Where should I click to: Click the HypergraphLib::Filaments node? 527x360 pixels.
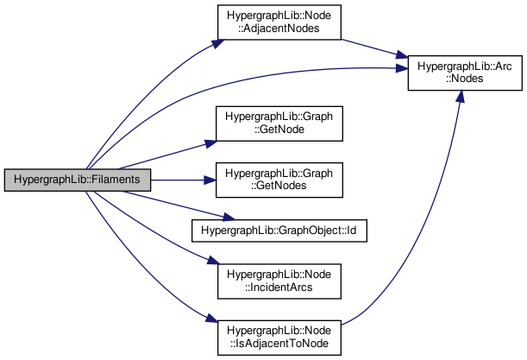[x=78, y=180]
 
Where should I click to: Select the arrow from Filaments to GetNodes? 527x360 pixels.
[x=181, y=180]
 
